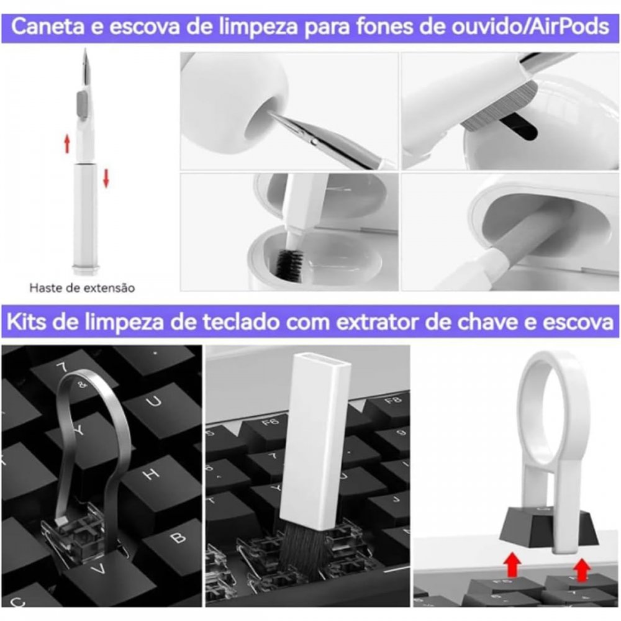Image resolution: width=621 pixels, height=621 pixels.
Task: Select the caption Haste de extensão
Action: tap(82, 288)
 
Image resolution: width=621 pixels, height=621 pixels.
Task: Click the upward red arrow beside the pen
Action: tap(67, 144)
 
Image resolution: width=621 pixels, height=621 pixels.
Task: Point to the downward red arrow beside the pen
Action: tap(106, 178)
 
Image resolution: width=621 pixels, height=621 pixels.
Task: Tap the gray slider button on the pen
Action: tap(82, 106)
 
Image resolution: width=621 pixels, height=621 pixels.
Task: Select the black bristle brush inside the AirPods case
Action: tap(289, 265)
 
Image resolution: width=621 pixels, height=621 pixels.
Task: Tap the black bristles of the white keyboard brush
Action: tap(303, 548)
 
